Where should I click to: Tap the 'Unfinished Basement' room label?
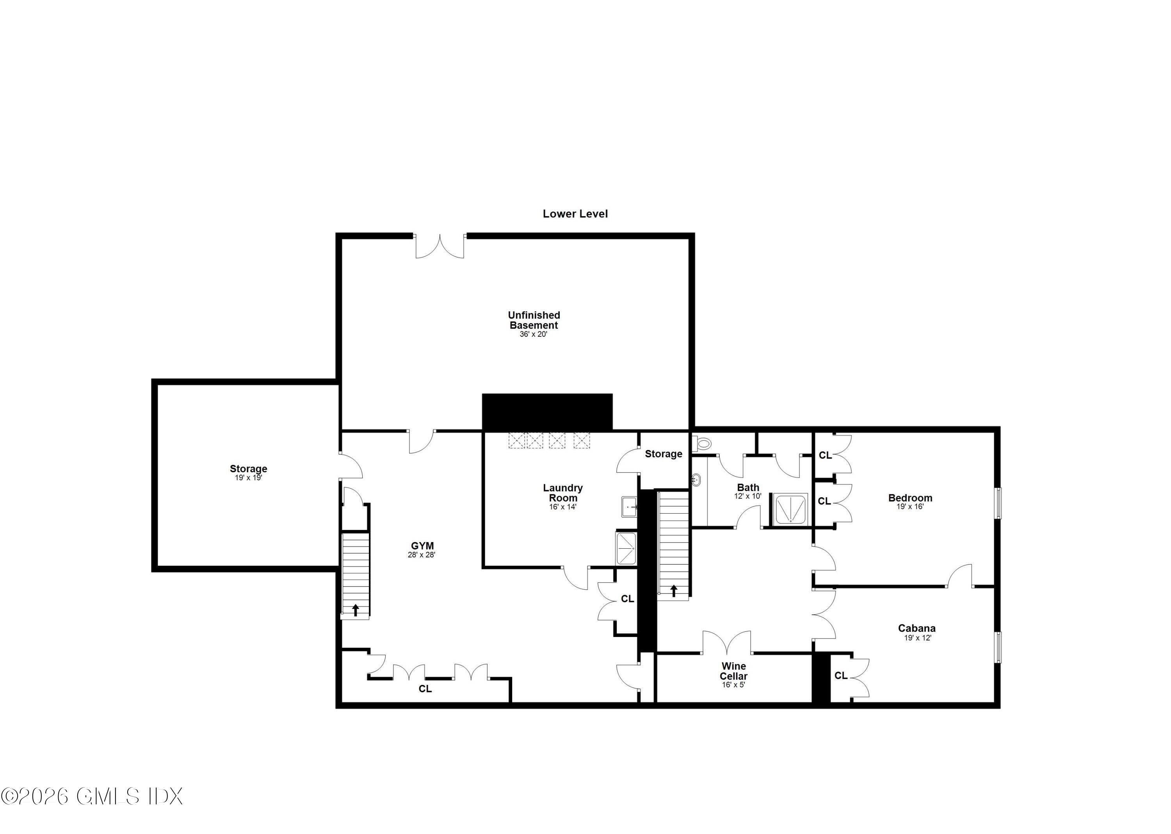(x=534, y=320)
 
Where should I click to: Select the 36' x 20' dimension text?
(x=533, y=334)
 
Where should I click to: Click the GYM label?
(x=422, y=546)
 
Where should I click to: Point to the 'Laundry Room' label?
(x=563, y=493)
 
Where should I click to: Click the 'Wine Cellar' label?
(x=733, y=671)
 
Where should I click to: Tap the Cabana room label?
(x=917, y=628)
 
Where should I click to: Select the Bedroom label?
(x=910, y=498)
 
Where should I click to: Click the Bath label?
(x=748, y=487)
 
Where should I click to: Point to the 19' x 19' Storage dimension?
(x=249, y=478)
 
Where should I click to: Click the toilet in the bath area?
(x=701, y=443)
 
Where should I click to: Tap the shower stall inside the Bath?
(x=790, y=509)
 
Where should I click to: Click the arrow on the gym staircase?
(x=356, y=610)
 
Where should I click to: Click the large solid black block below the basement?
(x=547, y=412)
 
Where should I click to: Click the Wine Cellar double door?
(x=726, y=642)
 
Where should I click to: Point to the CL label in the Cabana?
(x=841, y=676)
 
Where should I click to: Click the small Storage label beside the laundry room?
(x=664, y=454)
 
